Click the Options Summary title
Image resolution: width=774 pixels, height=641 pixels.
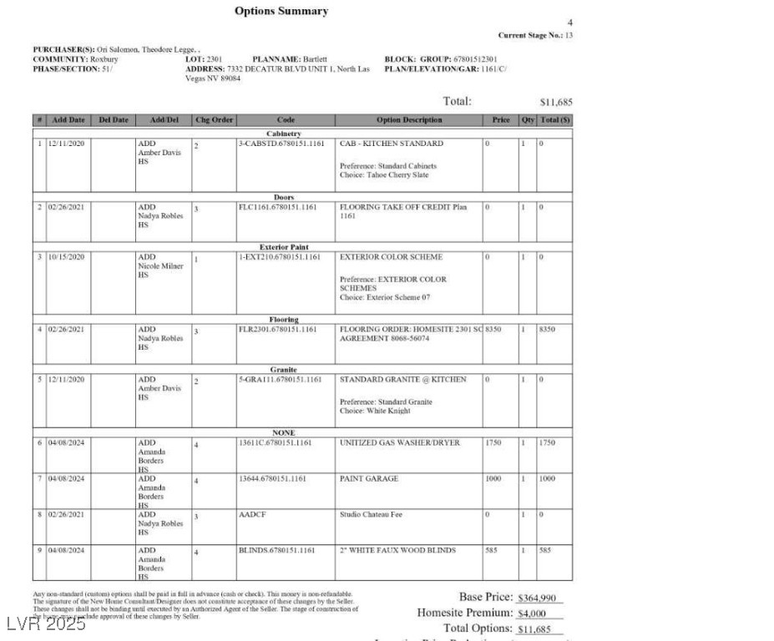click(281, 11)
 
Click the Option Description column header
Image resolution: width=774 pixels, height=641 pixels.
click(409, 120)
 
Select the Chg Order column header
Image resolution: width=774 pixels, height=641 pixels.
click(214, 120)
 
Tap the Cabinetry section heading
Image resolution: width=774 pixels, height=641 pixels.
click(283, 134)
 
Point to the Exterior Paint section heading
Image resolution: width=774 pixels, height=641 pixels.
click(283, 247)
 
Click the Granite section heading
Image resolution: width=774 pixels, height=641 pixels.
click(283, 369)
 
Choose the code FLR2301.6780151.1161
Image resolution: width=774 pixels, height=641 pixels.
click(277, 330)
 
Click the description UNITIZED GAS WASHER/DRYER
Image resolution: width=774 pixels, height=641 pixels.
click(399, 443)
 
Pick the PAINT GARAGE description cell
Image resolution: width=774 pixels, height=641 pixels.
click(369, 479)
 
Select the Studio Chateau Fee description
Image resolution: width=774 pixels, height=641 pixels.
click(371, 515)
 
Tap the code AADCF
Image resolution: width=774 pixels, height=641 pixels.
click(250, 515)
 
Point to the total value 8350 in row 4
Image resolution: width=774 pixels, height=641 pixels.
click(548, 330)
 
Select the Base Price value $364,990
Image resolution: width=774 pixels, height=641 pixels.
click(539, 598)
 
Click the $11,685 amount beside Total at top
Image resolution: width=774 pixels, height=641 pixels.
click(556, 103)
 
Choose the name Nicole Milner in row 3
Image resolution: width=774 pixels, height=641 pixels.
click(160, 266)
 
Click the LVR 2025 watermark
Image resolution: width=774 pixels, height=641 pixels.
click(45, 623)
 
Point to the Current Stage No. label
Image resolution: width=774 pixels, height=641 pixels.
click(529, 35)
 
